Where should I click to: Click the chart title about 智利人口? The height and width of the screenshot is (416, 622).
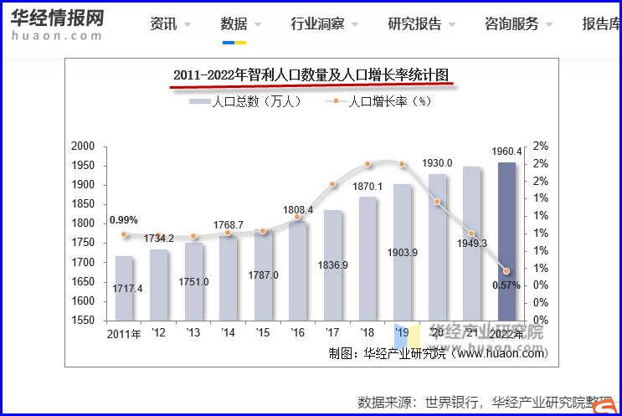[x=311, y=76]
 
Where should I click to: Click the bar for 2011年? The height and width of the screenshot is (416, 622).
[x=124, y=288]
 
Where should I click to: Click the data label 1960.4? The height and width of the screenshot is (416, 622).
[x=507, y=152]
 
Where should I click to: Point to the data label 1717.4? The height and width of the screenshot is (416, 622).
[x=128, y=289]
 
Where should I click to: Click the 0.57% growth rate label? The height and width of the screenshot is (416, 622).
[x=506, y=285]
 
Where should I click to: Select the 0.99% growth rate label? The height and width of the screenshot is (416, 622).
[x=123, y=220]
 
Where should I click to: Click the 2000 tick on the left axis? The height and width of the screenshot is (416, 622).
[x=83, y=146]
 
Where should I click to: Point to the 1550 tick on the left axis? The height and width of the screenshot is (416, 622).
[x=83, y=321]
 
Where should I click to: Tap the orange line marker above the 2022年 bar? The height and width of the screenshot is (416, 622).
[x=506, y=270]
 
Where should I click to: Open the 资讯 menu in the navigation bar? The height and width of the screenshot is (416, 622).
[x=164, y=23]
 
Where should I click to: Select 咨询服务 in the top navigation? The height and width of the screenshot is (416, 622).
[x=511, y=23]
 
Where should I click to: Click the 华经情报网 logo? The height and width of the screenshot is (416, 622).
[x=57, y=23]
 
